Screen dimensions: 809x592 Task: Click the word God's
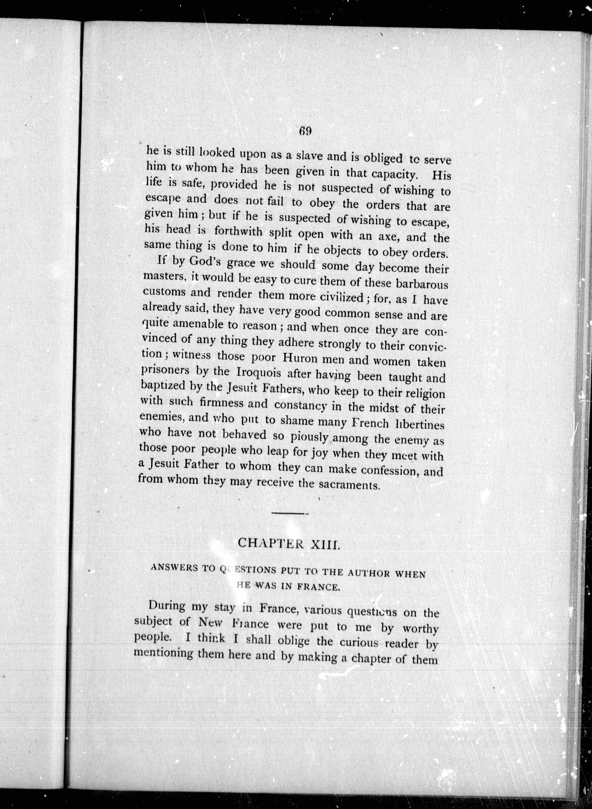coord(205,262)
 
